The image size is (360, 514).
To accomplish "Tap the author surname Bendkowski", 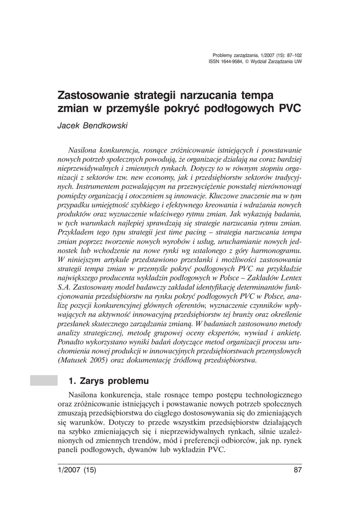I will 106,125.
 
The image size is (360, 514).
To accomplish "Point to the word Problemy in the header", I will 222,55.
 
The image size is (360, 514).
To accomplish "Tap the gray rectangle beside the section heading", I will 44,380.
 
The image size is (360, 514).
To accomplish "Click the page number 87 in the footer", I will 297,470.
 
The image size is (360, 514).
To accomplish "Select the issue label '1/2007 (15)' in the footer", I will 77,470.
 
